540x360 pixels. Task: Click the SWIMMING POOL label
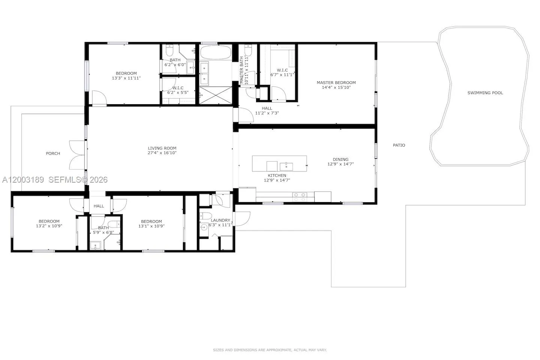485,93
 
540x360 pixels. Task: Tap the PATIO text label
399,145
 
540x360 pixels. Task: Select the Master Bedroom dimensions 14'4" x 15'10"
336,87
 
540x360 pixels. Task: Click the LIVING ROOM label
162,148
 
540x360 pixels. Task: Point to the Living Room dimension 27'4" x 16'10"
162,153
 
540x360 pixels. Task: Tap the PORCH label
53,153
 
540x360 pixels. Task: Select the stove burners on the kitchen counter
300,197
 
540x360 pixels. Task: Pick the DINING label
340,159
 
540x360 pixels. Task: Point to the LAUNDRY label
220,220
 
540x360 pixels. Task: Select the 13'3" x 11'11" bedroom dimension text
126,78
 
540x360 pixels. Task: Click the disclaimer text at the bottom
270,350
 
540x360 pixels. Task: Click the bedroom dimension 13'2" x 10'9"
49,226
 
